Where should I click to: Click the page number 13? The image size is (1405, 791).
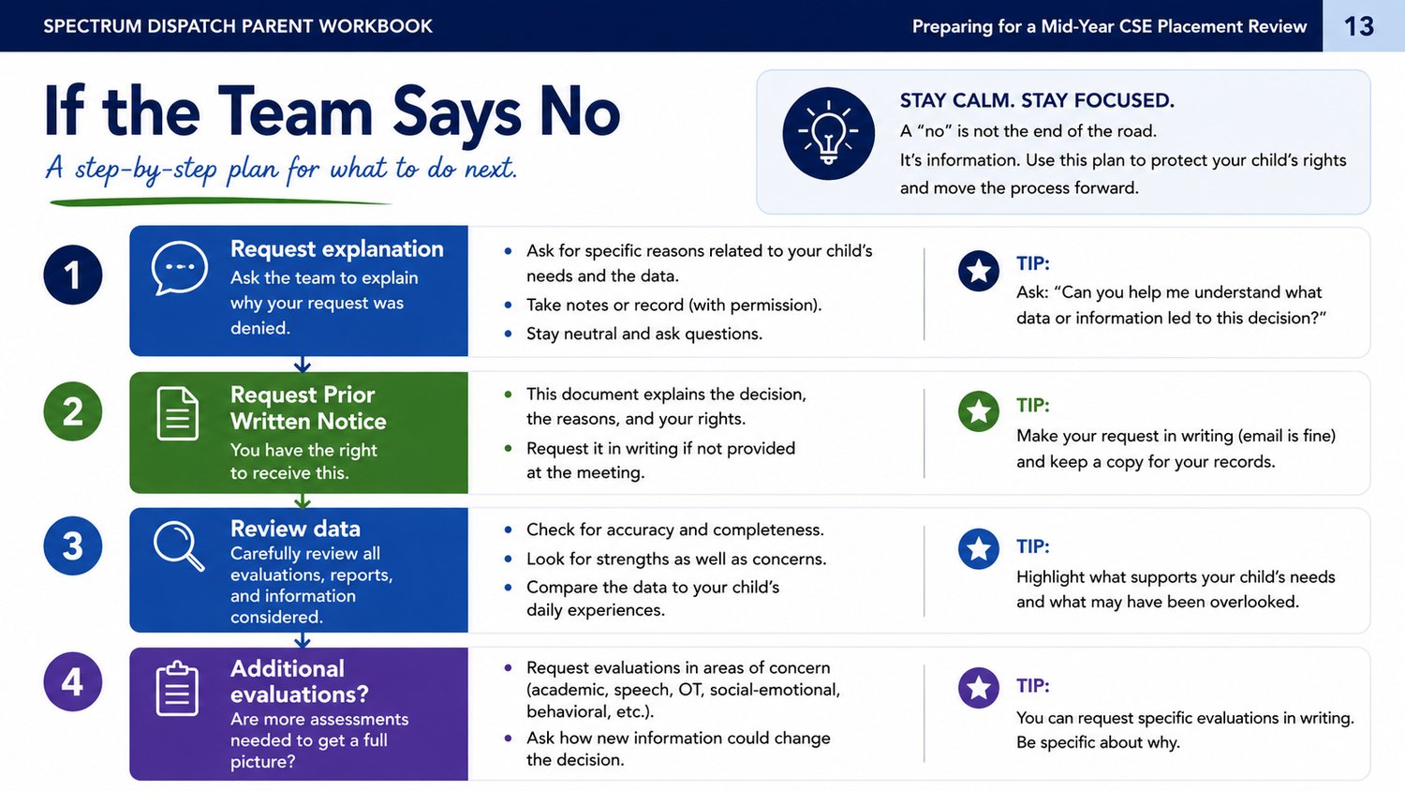1358,26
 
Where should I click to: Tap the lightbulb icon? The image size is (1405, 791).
828,133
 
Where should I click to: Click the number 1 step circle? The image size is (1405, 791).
73,275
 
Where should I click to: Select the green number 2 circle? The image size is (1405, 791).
73,411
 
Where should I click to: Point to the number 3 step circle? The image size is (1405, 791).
73,545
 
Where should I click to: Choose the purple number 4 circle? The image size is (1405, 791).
73,681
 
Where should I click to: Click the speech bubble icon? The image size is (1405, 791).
180,268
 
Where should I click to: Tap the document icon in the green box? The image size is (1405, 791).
178,413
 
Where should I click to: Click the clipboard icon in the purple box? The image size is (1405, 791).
178,688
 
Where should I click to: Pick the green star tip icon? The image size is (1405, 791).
979,411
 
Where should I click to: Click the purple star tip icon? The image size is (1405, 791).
979,688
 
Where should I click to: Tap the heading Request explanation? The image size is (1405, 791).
337,249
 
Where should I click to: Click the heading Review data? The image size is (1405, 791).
295,529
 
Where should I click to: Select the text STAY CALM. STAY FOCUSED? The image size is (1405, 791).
1037,100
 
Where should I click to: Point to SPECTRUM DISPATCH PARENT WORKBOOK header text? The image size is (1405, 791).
238,26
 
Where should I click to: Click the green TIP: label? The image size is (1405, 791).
1033,406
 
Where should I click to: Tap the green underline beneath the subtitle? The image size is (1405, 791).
221,202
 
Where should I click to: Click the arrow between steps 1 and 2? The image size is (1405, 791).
303,365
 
